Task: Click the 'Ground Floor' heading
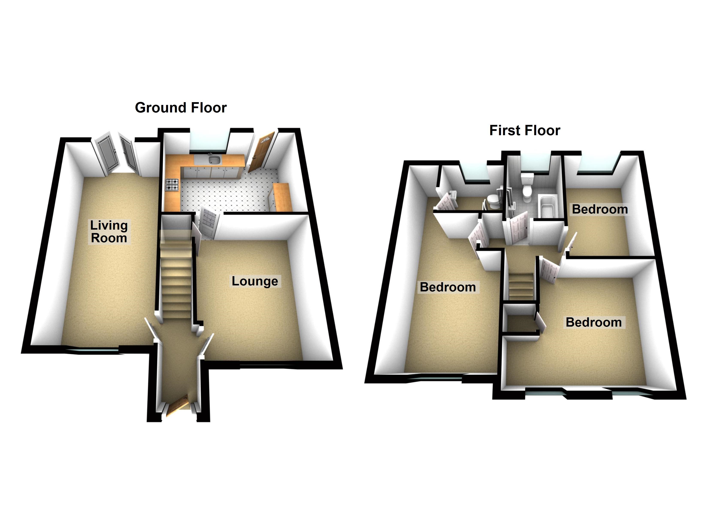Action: coord(181,108)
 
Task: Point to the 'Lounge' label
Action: coord(255,281)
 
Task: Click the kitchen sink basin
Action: coord(214,161)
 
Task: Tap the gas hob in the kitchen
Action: coord(172,185)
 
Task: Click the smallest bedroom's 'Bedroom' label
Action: coord(600,209)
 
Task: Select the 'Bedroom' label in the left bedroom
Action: coord(448,287)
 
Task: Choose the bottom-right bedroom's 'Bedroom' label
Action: coord(593,322)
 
